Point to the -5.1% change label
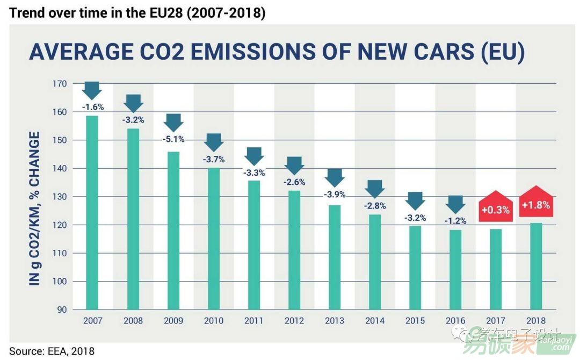click(x=173, y=139)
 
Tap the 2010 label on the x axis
click(x=213, y=321)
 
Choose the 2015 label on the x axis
click(x=415, y=321)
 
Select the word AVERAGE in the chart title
click(x=81, y=52)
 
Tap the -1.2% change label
click(x=455, y=220)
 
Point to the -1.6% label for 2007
click(x=92, y=107)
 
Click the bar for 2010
click(x=213, y=239)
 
